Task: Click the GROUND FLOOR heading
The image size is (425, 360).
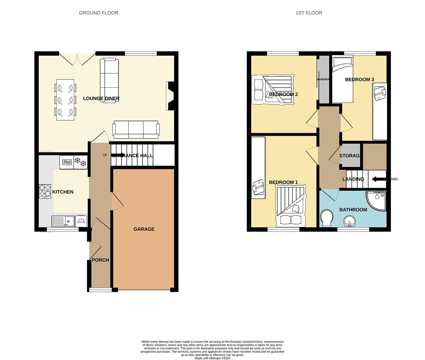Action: point(98,13)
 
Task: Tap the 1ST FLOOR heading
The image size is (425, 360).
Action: point(309,13)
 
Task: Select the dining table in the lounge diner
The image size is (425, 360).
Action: point(65,99)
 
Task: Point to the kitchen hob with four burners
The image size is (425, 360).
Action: point(45,191)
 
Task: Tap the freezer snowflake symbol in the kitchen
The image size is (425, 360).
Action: point(80,162)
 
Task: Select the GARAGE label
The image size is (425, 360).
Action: point(144,229)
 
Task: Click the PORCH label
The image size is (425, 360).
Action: point(100,260)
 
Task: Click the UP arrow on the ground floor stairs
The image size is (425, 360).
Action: point(118,155)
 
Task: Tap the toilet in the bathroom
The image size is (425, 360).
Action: point(326,218)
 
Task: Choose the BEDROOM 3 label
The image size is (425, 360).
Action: point(359,79)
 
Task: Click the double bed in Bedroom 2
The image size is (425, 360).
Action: point(274,89)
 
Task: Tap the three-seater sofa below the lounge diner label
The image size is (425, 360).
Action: point(136,130)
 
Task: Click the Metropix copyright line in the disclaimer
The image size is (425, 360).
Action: point(212,358)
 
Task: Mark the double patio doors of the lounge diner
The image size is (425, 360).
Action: point(77,58)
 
